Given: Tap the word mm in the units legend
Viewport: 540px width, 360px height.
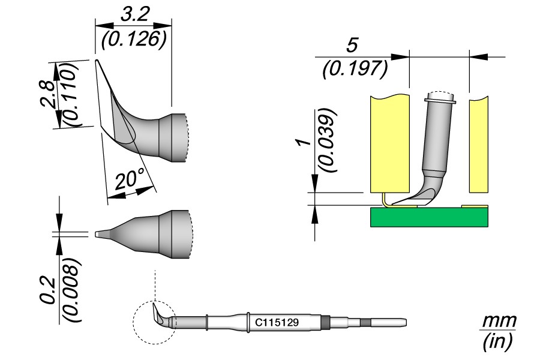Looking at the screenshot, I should (499, 321).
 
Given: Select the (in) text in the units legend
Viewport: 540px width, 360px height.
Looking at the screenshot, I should (499, 343).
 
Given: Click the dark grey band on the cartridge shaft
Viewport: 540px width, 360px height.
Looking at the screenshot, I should (326, 322).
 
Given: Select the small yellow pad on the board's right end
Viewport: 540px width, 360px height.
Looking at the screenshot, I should (475, 206).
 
